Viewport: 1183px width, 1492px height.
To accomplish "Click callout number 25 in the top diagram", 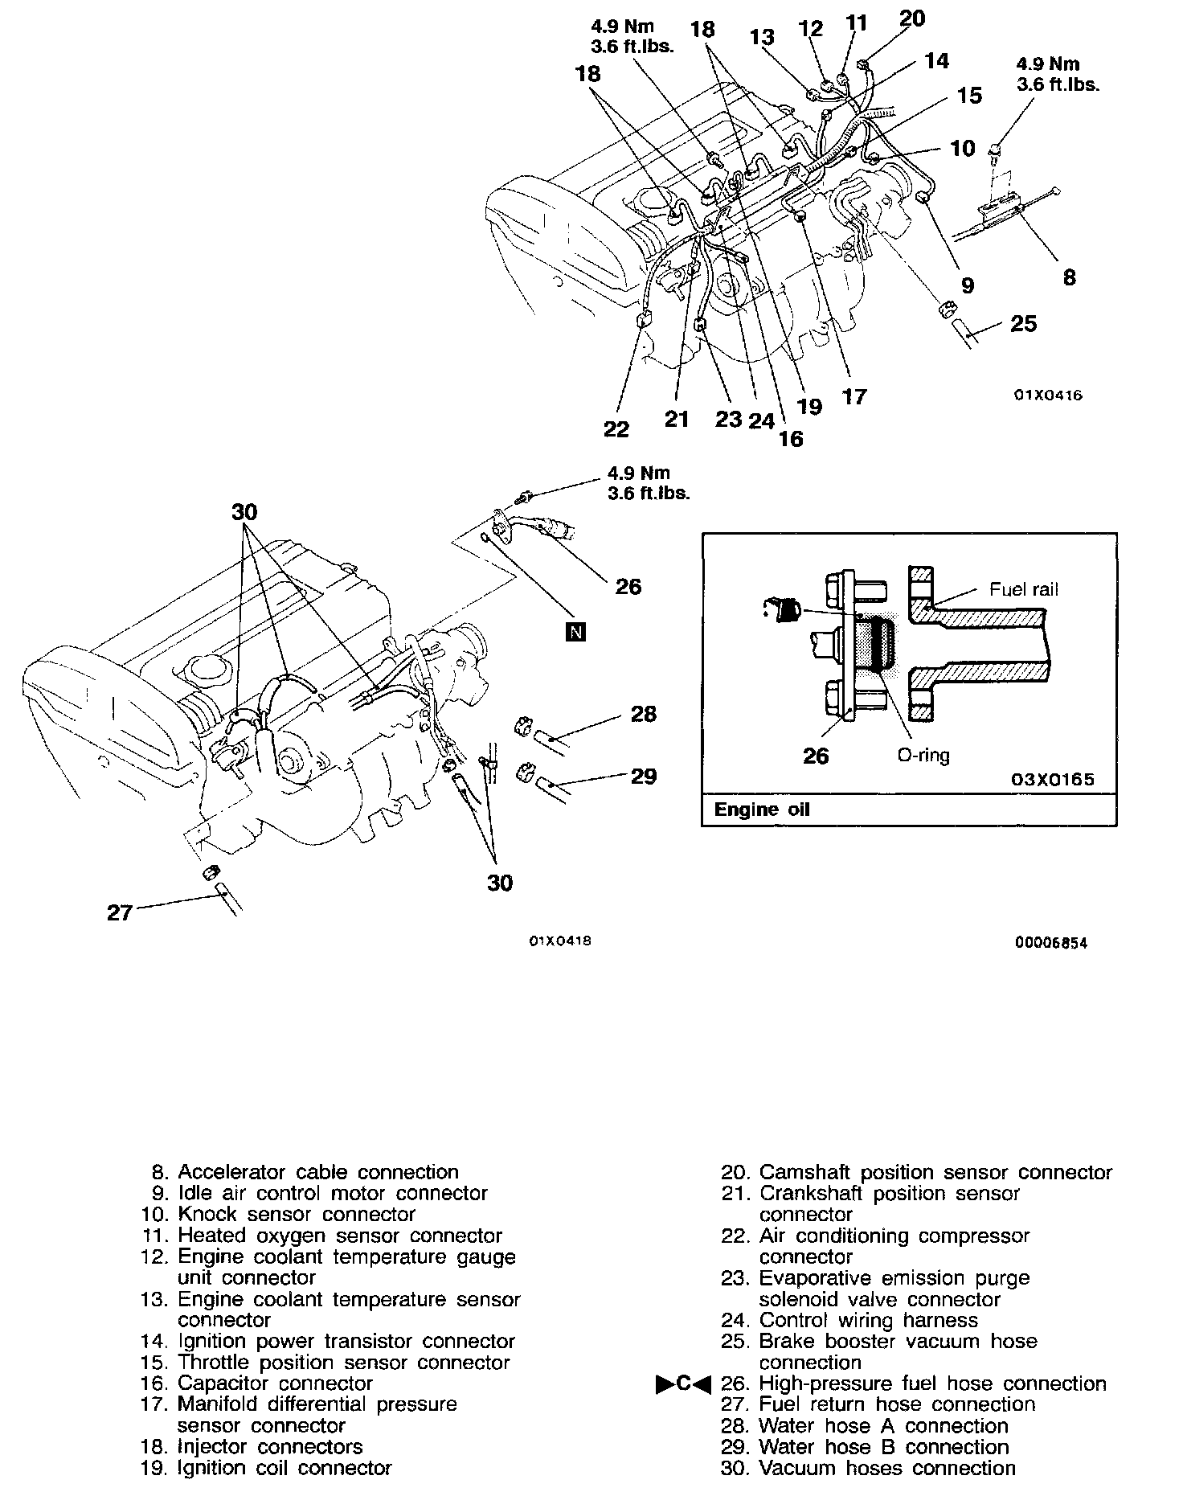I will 1023,324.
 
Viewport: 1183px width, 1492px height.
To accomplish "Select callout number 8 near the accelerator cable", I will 1068,277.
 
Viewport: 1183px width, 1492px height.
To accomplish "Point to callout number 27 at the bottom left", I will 120,912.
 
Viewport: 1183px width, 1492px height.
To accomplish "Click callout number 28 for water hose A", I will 644,714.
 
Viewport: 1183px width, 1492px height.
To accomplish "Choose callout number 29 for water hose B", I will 644,776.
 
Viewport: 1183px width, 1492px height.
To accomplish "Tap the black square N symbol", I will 575,633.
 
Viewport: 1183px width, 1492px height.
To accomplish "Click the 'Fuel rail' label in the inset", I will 1023,589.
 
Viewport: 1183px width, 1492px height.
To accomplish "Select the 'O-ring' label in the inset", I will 923,756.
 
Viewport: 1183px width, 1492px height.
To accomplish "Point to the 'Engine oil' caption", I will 762,810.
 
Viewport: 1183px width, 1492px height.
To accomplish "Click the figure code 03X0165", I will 1054,780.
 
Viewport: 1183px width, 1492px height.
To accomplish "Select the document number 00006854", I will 1050,944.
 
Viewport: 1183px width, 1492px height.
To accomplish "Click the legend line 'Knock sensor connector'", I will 296,1214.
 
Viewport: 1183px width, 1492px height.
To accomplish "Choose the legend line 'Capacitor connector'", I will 275,1383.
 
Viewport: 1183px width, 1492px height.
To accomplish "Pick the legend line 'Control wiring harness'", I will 868,1320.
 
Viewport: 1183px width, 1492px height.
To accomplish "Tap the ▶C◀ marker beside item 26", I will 684,1383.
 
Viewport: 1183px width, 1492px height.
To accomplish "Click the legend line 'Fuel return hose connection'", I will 897,1404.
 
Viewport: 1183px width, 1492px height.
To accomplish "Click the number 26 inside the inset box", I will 816,756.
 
